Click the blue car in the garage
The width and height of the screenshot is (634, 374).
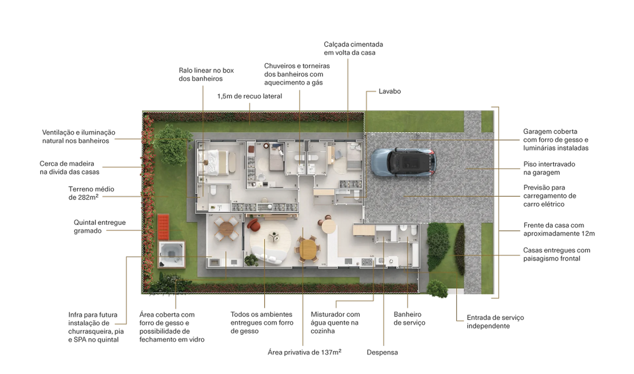[404, 162]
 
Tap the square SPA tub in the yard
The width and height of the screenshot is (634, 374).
[171, 254]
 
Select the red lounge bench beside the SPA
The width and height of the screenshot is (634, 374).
[163, 227]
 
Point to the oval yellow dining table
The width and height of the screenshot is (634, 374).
[308, 249]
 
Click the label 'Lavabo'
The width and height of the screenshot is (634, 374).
[390, 91]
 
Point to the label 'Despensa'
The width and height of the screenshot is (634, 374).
[382, 353]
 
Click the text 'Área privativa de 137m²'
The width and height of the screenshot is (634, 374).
[304, 352]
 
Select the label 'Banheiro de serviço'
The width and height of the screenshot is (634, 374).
[409, 319]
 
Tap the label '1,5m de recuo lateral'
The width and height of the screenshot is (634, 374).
[250, 96]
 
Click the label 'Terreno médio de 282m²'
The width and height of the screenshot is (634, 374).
[91, 193]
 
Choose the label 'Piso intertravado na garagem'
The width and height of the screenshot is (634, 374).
[549, 168]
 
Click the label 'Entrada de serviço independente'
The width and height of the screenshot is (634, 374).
[495, 322]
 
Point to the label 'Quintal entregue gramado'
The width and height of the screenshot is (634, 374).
[100, 227]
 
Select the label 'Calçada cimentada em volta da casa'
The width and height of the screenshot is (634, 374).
[353, 49]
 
